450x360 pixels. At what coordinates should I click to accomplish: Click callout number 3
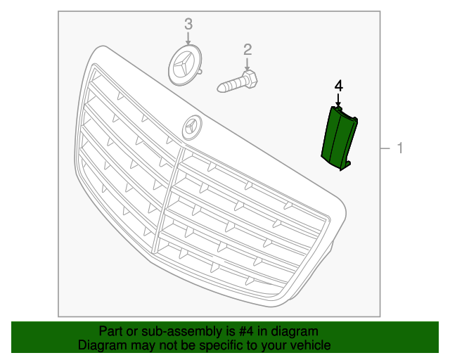pos(188,24)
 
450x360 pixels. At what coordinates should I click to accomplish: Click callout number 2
pos(247,49)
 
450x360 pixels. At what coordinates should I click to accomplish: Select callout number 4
pos(338,85)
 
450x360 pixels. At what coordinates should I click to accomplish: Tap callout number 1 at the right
pos(399,148)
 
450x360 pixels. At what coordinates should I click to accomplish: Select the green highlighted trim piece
pos(337,137)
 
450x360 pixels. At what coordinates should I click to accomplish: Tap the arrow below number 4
pos(338,101)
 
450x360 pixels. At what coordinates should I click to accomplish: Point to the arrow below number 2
pos(247,63)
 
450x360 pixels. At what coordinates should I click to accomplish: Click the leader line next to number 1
pos(386,148)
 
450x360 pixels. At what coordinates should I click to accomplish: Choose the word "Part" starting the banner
pos(110,331)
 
